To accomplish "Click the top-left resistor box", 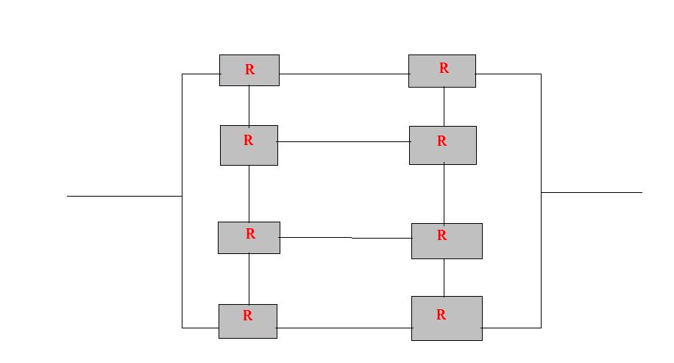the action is [x=249, y=70].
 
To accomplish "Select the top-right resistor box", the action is [x=442, y=71].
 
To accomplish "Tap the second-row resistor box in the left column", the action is [x=249, y=145].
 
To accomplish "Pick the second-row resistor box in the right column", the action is [x=443, y=145].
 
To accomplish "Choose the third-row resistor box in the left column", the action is [x=249, y=238].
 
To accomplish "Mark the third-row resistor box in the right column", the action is [x=447, y=241].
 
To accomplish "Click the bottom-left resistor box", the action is [x=248, y=321].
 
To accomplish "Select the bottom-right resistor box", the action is [x=447, y=318].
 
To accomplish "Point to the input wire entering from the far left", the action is [x=124, y=196].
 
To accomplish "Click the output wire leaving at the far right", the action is [x=592, y=192].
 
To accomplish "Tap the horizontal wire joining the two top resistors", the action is [x=344, y=74].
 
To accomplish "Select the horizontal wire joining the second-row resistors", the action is [x=344, y=141].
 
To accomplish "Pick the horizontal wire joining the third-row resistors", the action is [x=346, y=237].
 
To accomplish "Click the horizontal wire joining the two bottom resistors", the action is [x=344, y=328].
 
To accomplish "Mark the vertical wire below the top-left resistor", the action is [x=249, y=106].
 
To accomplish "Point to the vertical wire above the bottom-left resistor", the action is [x=249, y=279].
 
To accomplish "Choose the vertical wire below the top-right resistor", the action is [x=444, y=107].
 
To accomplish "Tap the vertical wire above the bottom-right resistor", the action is [x=444, y=278].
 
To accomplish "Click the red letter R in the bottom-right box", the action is [x=441, y=315].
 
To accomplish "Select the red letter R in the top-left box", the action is [x=249, y=69].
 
